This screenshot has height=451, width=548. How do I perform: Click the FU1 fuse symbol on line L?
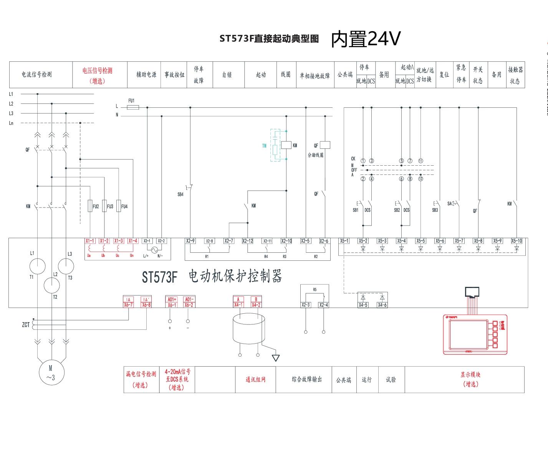pos(132,108)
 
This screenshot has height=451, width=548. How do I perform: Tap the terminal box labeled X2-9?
pos(190,241)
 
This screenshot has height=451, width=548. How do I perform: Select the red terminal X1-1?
pos(90,241)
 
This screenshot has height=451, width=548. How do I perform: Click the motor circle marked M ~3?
pos(51,372)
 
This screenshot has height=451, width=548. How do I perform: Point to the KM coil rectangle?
pos(286,145)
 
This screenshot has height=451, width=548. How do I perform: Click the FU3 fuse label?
pos(110,207)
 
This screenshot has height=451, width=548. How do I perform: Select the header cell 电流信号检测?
pos(36,74)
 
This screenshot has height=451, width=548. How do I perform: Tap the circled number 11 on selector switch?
pos(421,161)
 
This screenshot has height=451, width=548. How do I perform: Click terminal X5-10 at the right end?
pos(517,241)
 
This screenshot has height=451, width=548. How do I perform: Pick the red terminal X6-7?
pos(128,305)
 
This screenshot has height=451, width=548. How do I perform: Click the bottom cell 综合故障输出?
pos(306,379)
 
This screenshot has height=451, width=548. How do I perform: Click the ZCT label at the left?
pos(26,325)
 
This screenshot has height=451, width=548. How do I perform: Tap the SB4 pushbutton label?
pos(180,194)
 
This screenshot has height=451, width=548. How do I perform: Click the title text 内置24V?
pos(366,39)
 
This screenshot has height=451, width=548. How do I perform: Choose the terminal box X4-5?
pos(363,305)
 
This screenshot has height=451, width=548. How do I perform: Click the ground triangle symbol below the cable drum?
pos(276,358)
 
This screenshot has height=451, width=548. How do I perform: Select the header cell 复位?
pos(444,74)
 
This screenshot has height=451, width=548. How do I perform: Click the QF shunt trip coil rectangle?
pos(325,145)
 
